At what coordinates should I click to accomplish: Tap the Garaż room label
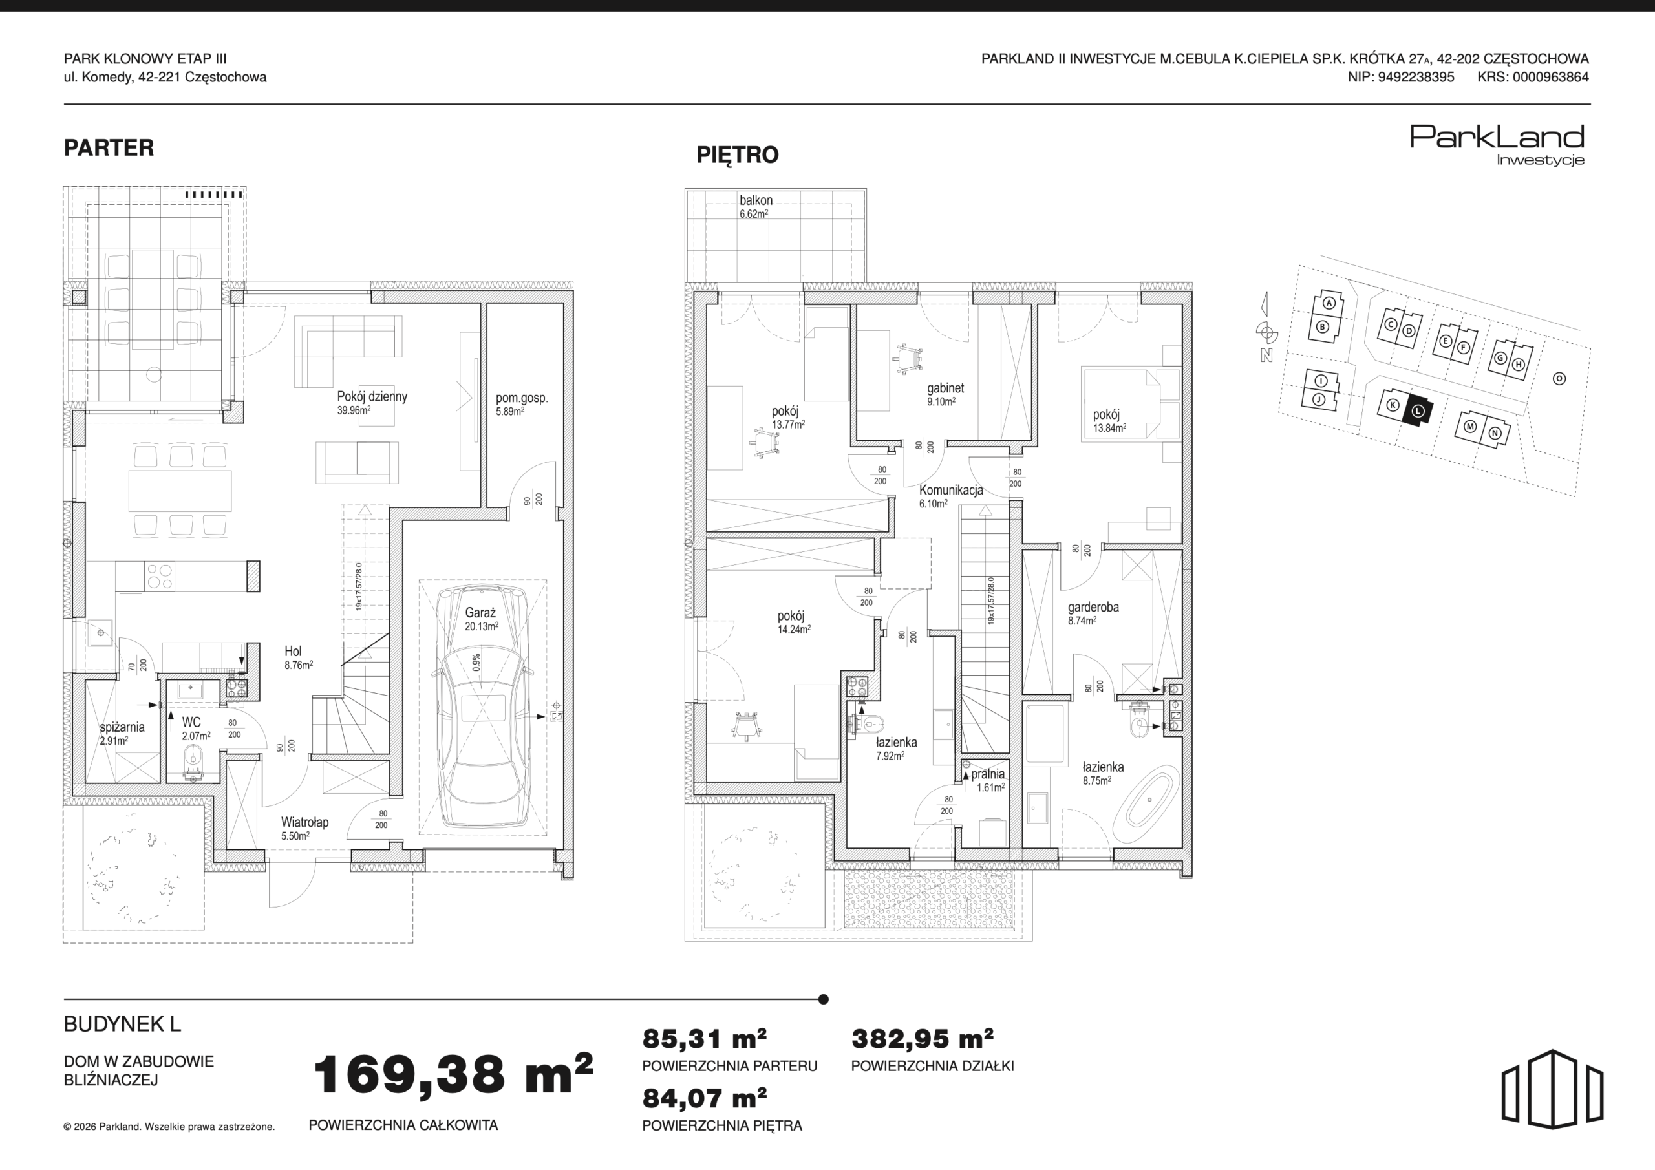click(481, 613)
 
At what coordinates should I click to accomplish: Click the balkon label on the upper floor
click(756, 200)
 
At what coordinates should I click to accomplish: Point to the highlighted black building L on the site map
click(1418, 412)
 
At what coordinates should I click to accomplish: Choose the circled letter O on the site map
click(1559, 378)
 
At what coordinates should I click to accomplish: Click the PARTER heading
click(109, 148)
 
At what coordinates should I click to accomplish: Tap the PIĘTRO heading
click(738, 155)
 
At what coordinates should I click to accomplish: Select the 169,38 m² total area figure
click(453, 1074)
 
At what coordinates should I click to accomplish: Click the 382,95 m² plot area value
click(923, 1039)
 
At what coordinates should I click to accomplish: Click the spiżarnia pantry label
click(122, 727)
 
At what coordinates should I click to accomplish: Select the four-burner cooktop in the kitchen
click(159, 576)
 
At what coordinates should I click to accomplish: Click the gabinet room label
click(946, 388)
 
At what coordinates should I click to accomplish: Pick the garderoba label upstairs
click(1093, 607)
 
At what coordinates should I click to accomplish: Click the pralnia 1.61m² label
click(988, 781)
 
